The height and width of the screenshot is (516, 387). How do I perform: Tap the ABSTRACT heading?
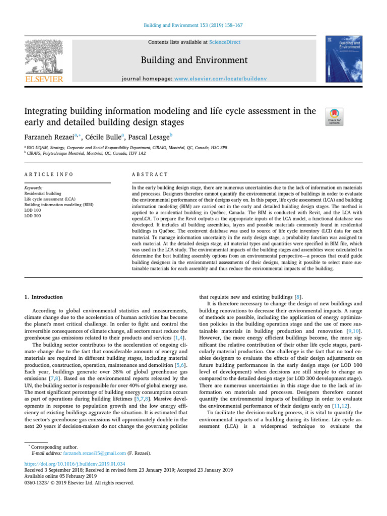click(x=150, y=174)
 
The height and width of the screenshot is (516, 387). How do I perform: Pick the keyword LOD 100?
click(x=33, y=210)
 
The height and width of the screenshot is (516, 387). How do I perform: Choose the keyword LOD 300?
click(x=33, y=216)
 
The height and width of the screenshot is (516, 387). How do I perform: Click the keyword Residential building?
click(x=43, y=193)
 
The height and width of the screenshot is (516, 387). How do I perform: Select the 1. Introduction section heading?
click(x=44, y=297)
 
